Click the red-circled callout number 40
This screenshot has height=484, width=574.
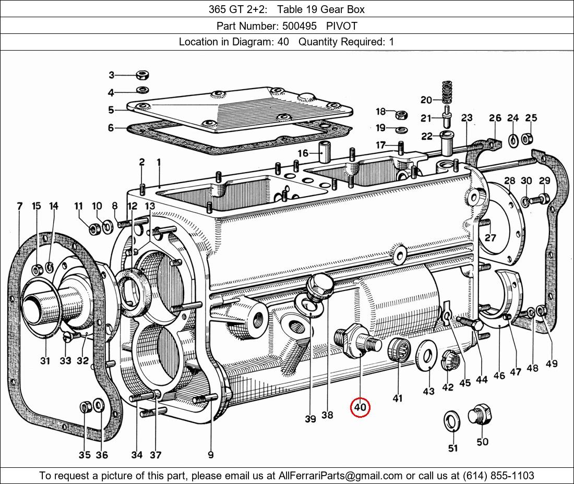361,407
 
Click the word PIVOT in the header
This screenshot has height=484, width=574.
342,26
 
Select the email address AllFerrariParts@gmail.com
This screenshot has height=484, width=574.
340,476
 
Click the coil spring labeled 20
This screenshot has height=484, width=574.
446,92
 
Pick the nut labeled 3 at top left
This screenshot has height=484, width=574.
141,75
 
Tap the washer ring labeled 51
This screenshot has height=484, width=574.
451,421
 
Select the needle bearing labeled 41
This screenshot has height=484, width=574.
399,349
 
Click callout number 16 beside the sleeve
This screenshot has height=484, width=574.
303,153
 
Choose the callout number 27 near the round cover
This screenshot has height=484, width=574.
490,238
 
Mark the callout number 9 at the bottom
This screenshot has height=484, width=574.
210,455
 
